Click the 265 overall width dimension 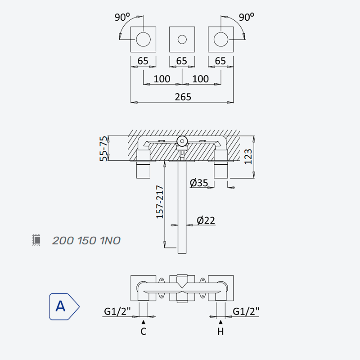click(183, 97)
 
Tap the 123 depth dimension click(248, 157)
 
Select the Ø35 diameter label click(199, 183)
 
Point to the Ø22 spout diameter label click(206, 220)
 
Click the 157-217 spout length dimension click(160, 202)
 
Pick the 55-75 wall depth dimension click(103, 148)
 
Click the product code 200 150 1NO click(86, 241)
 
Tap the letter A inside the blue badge click(60, 306)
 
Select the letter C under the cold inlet click(144, 331)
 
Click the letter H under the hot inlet click(220, 331)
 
